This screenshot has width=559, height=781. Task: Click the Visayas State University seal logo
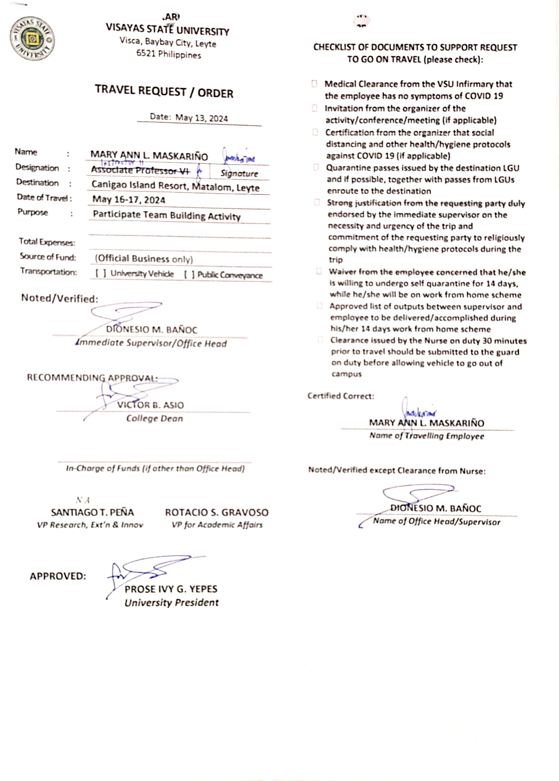pyautogui.click(x=32, y=38)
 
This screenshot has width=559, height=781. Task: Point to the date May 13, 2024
pyautogui.click(x=201, y=118)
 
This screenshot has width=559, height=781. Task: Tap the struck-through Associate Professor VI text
pyautogui.click(x=141, y=170)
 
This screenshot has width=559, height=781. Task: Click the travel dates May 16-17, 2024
pyautogui.click(x=129, y=200)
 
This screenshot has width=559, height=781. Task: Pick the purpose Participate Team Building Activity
pyautogui.click(x=167, y=215)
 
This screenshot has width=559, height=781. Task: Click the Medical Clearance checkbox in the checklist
pyautogui.click(x=314, y=84)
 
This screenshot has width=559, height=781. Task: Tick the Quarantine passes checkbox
pyautogui.click(x=316, y=167)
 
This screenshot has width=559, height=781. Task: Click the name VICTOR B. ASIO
pyautogui.click(x=150, y=405)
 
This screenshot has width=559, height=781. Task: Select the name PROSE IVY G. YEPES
pyautogui.click(x=171, y=589)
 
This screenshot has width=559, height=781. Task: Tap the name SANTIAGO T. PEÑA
pyautogui.click(x=92, y=512)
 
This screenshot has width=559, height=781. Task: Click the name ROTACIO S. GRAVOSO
pyautogui.click(x=217, y=512)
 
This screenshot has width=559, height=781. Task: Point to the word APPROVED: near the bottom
pyautogui.click(x=58, y=576)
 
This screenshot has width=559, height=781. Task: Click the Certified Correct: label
pyautogui.click(x=341, y=396)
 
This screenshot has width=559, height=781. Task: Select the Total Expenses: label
pyautogui.click(x=47, y=242)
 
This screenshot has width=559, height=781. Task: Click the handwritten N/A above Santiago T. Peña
pyautogui.click(x=83, y=500)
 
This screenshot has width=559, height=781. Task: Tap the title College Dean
pyautogui.click(x=155, y=418)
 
